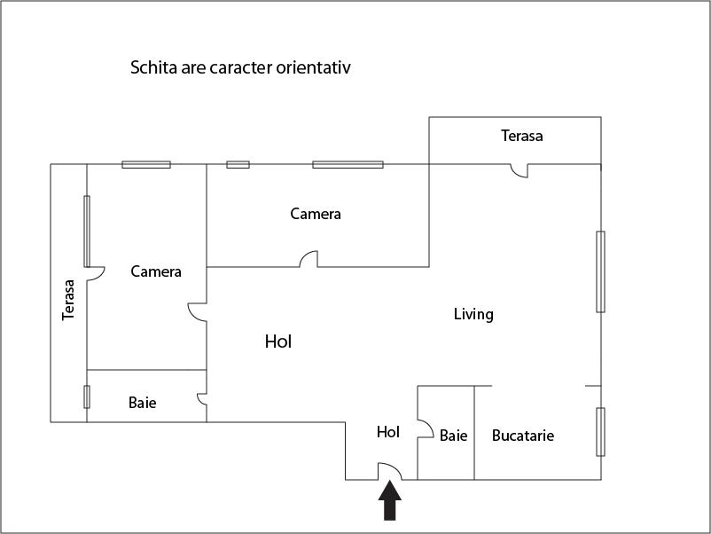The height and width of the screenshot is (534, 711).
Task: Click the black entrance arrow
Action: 389,500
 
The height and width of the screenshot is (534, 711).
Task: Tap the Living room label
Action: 473,314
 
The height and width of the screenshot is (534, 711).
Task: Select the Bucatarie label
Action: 523,436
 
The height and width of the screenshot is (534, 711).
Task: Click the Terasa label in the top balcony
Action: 522,136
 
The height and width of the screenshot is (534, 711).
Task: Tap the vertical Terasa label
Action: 68,300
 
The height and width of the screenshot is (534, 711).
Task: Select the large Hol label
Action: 278,342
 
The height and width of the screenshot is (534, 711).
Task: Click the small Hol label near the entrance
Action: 388,432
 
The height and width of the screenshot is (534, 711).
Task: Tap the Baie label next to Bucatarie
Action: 453,436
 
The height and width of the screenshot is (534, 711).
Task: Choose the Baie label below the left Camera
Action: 143,403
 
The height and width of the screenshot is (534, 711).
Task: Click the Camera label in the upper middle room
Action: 316,214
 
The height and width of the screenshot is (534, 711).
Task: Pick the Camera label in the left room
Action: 156,271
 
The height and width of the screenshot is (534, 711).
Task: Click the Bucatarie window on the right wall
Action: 600,432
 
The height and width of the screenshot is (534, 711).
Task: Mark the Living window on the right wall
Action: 600,271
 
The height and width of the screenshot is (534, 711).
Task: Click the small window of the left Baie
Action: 87,397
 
